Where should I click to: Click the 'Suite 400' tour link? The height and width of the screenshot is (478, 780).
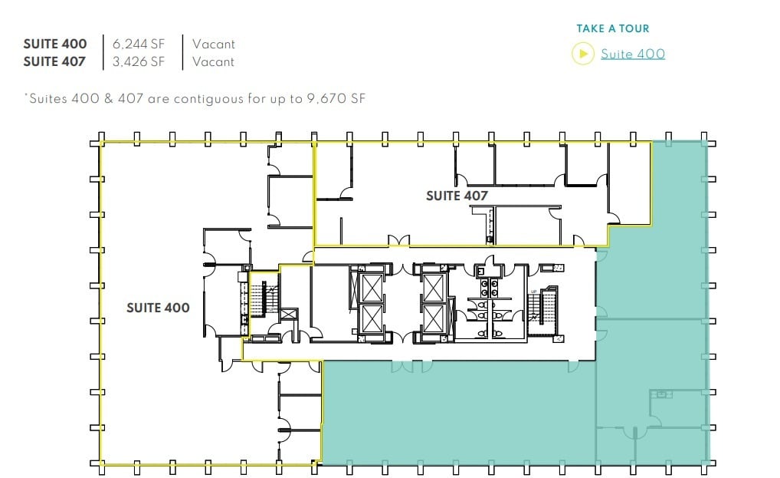pos(632,54)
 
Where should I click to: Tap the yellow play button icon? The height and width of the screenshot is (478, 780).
pos(583,54)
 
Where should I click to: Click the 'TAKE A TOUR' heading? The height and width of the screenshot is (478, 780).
pos(612,29)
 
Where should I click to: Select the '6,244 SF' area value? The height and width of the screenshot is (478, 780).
pos(139,45)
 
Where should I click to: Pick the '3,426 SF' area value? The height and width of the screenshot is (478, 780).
pos(139,62)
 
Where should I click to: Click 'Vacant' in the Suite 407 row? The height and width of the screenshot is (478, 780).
pos(213,62)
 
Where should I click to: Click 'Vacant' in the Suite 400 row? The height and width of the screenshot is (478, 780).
pos(213,45)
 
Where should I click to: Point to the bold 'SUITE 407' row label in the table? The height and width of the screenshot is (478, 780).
pos(54,62)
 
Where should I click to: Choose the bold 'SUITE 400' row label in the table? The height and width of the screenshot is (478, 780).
pos(54,45)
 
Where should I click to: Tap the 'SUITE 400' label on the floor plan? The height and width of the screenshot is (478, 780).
pos(158,308)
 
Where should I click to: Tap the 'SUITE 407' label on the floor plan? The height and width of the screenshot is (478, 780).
pos(457,196)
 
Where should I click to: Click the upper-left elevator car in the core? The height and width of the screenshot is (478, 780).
pos(372,288)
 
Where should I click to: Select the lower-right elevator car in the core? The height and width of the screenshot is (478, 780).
pos(434,318)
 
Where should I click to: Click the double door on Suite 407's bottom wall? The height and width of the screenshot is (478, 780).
pos(398,240)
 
